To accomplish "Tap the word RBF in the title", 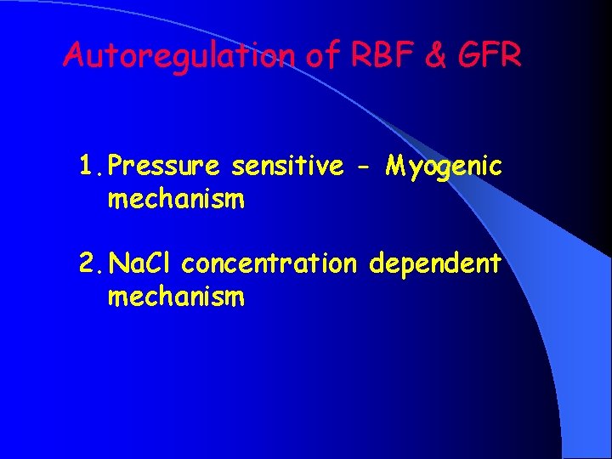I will click(x=371, y=55).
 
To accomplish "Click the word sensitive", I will click(x=286, y=167).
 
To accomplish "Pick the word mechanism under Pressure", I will click(x=176, y=200).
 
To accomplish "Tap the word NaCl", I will click(x=141, y=264).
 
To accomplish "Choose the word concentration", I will click(x=270, y=264).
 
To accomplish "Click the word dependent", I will click(x=434, y=264).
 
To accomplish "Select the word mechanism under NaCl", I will click(x=176, y=297).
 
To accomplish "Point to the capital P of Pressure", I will click(x=117, y=167).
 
